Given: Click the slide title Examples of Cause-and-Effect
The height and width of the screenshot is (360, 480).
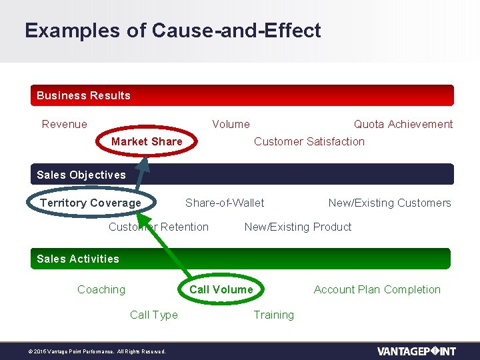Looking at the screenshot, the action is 173,31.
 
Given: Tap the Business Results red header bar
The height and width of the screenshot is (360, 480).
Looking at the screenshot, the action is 242,95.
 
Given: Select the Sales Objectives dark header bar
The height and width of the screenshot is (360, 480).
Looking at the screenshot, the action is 242,175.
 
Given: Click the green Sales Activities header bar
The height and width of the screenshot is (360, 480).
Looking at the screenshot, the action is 241,259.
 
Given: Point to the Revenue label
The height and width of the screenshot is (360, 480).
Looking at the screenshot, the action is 64,124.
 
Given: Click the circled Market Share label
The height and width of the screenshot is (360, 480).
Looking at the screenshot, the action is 147,141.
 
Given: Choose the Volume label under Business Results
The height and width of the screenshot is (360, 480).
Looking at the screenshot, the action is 231,124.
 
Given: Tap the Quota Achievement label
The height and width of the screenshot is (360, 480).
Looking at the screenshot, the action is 403,124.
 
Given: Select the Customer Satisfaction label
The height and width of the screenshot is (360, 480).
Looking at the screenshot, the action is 309,141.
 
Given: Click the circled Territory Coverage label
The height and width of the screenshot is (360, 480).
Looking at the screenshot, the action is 91,203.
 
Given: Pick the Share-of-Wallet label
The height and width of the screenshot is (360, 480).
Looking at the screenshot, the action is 225,203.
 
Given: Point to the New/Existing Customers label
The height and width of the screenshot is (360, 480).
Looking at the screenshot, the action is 389,203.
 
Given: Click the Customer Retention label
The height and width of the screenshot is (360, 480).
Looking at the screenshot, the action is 159,227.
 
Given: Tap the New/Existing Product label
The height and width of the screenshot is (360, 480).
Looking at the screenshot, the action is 297,227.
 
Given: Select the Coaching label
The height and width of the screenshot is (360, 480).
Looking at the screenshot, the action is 101,289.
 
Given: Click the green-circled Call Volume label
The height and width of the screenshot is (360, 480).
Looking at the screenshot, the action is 221,289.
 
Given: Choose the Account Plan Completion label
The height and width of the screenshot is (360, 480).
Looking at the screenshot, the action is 377,289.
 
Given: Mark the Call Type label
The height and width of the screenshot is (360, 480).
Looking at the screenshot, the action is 154,315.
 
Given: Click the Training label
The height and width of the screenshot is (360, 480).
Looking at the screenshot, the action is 273,315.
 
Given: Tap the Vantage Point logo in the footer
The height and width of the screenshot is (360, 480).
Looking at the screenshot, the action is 416,351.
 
